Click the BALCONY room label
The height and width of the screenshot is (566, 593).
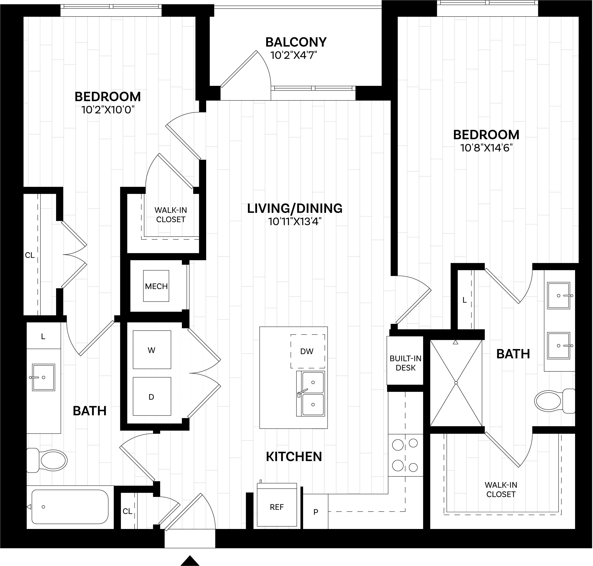point(296,42)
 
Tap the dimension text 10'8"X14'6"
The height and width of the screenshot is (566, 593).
point(486,148)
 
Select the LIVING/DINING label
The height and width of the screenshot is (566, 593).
point(295,208)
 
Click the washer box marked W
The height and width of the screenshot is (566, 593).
point(152,350)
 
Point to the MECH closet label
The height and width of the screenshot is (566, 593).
point(156,286)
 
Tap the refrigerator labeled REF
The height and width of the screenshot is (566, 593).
point(277,507)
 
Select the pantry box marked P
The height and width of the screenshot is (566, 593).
point(316,512)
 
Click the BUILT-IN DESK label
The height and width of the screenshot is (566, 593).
point(405,363)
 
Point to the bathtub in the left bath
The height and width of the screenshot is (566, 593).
point(70,507)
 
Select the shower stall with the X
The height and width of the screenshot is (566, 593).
point(456,383)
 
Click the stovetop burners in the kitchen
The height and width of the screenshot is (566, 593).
point(405,455)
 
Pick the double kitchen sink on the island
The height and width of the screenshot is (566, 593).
point(311,394)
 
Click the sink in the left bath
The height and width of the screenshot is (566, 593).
point(43,377)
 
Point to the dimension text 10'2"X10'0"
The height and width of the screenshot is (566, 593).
point(108,110)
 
